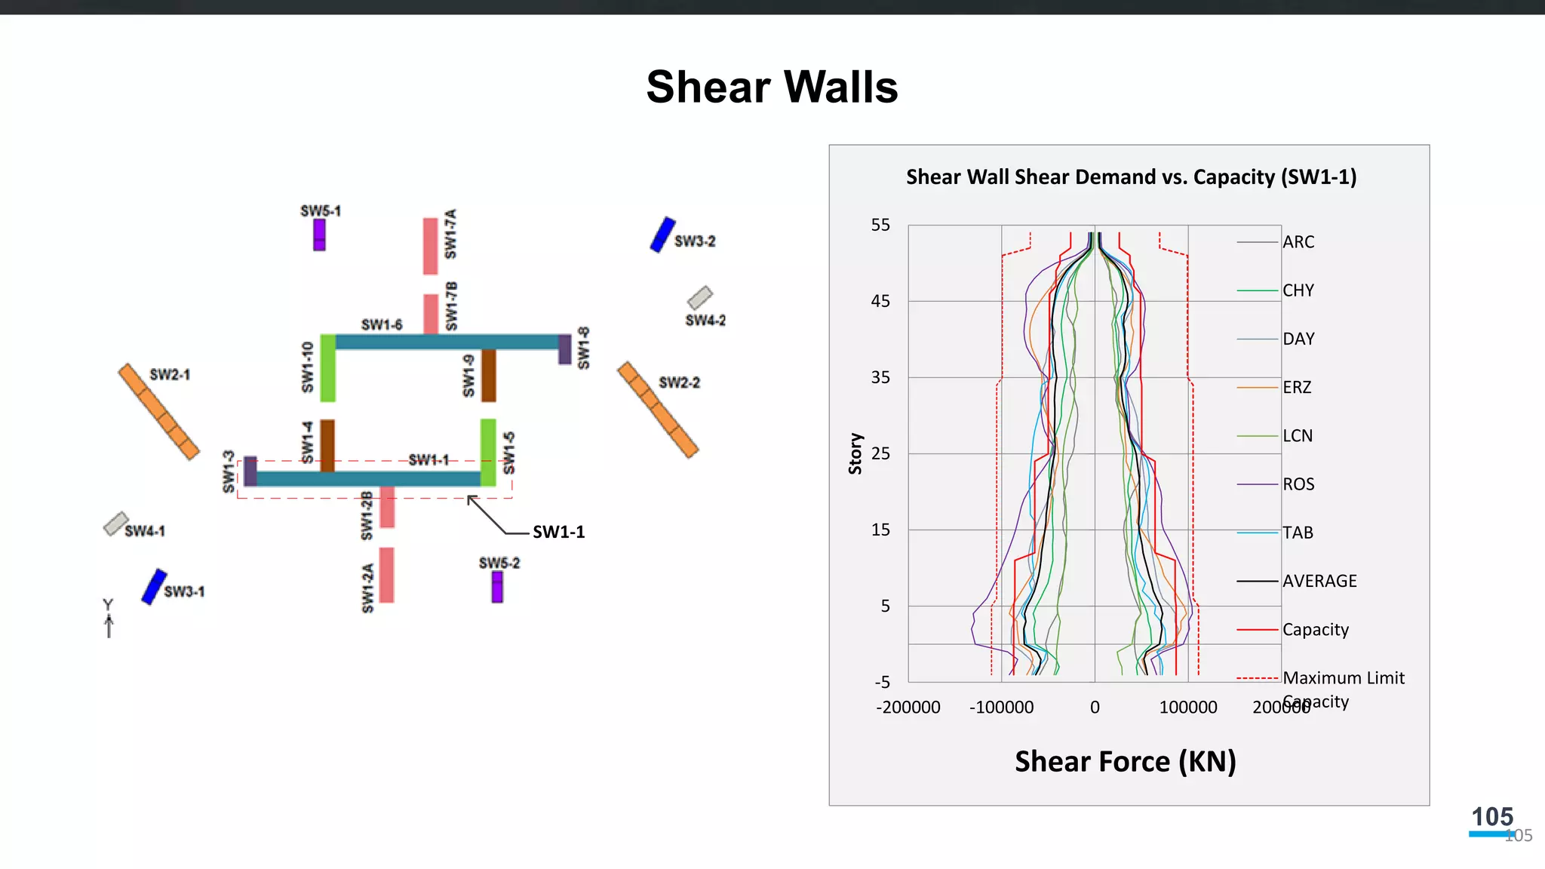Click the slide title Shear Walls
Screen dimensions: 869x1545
[x=772, y=87]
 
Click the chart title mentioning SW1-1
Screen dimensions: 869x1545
[x=1131, y=177]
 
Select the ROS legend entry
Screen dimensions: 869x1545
[x=1298, y=484]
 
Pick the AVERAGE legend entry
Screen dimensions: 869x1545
[x=1319, y=581]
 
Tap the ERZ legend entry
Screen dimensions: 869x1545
[x=1297, y=388]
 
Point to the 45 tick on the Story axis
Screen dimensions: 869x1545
[x=880, y=302]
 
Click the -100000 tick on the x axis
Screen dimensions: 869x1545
[x=1001, y=708]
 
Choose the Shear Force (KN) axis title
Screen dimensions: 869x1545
[x=1125, y=762]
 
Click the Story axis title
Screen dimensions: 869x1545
[x=855, y=453]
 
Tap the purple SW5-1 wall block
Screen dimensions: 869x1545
[x=320, y=235]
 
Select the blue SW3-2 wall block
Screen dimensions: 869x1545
[x=662, y=235]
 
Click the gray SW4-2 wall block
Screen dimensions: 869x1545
[x=700, y=297]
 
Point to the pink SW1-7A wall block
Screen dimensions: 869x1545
[x=430, y=246]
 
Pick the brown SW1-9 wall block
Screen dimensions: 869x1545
[x=489, y=375]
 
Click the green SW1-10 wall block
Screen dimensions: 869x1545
[x=328, y=368]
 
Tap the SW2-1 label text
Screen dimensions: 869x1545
[x=170, y=375]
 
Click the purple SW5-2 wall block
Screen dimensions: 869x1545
[x=497, y=587]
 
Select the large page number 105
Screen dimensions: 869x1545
[x=1492, y=817]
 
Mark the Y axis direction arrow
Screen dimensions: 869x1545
[x=109, y=625]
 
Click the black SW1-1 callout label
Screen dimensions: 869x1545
[x=558, y=533]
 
